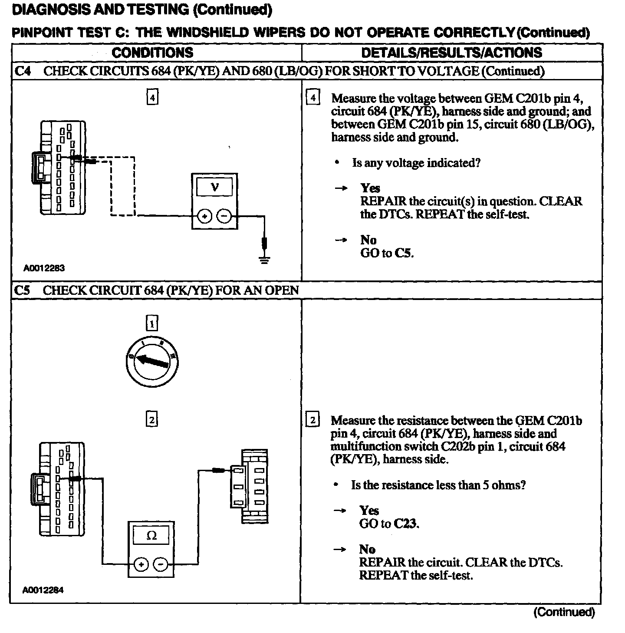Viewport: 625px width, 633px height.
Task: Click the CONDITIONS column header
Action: [152, 53]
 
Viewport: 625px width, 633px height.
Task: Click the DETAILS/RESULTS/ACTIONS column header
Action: [451, 53]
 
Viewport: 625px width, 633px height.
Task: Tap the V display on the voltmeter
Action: [214, 188]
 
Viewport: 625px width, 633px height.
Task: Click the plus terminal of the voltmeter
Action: [205, 216]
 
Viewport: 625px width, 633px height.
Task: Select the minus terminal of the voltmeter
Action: [224, 216]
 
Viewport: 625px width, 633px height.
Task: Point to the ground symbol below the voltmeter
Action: [264, 259]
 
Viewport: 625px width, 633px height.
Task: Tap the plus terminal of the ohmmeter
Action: [141, 564]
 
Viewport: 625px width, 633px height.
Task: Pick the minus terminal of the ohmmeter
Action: [161, 564]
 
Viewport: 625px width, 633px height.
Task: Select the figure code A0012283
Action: [44, 268]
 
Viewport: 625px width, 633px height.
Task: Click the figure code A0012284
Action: [43, 590]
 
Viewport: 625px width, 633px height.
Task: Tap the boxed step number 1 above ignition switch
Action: [151, 324]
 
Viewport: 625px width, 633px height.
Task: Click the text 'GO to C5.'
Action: [387, 253]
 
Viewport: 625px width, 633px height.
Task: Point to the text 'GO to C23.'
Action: [389, 524]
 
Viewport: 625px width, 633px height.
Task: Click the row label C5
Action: [22, 290]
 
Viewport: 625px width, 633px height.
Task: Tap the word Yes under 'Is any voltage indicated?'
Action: [370, 188]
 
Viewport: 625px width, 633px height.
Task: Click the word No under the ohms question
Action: [367, 549]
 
